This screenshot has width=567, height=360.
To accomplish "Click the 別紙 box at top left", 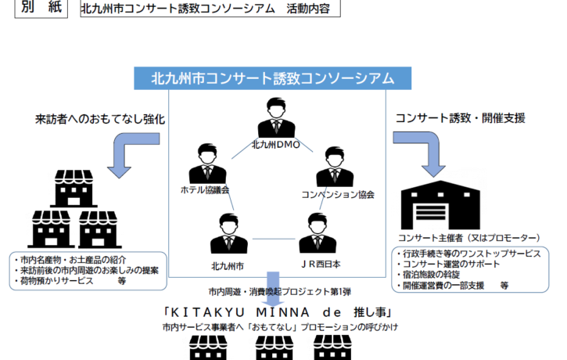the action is tap(41, 8).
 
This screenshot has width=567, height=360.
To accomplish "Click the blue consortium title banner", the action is tap(273, 78).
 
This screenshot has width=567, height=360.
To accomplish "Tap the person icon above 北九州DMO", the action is tap(276, 117).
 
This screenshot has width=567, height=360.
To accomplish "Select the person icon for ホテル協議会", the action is tap(207, 164).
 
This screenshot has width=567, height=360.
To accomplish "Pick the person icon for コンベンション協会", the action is tap(335, 167).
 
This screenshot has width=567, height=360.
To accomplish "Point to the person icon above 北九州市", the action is tap(229, 233).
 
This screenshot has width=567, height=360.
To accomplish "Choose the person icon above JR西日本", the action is tap(318, 232).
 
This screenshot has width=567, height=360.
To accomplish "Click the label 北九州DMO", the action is tap(276, 145).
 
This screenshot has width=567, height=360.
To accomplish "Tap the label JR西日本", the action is tap(321, 265).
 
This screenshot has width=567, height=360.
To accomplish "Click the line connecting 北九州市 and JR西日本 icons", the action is tap(274, 239).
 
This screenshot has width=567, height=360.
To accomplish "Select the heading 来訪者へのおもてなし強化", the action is tap(100, 119).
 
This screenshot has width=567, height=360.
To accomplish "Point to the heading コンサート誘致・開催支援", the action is tap(461, 118).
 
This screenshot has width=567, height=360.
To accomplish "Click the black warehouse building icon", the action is tap(440, 205).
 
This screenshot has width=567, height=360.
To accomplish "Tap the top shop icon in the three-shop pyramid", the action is tap(74, 188).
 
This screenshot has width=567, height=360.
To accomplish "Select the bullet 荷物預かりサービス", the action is tap(56, 281).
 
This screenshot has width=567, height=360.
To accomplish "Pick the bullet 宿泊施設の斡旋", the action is tap(428, 275).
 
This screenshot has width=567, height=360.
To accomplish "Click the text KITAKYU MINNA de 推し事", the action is tap(278, 312).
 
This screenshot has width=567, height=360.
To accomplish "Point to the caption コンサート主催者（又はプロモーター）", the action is tap(469, 238).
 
